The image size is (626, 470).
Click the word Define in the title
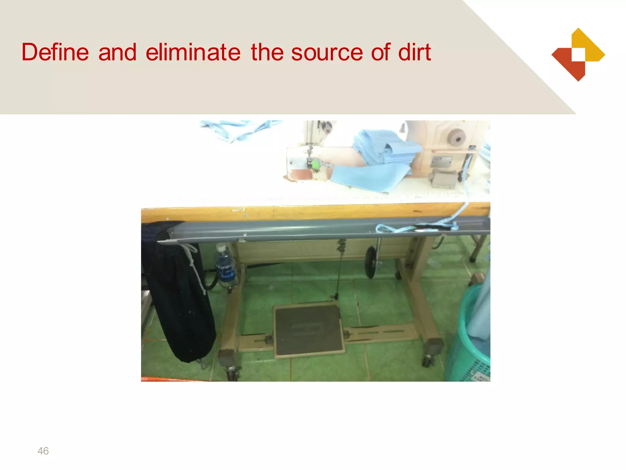coord(55,52)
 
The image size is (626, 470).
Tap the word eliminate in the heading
coord(193,52)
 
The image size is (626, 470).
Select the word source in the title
coord(327,52)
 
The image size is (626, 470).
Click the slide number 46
coord(43,451)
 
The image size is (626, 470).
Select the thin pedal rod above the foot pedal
coord(339,269)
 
